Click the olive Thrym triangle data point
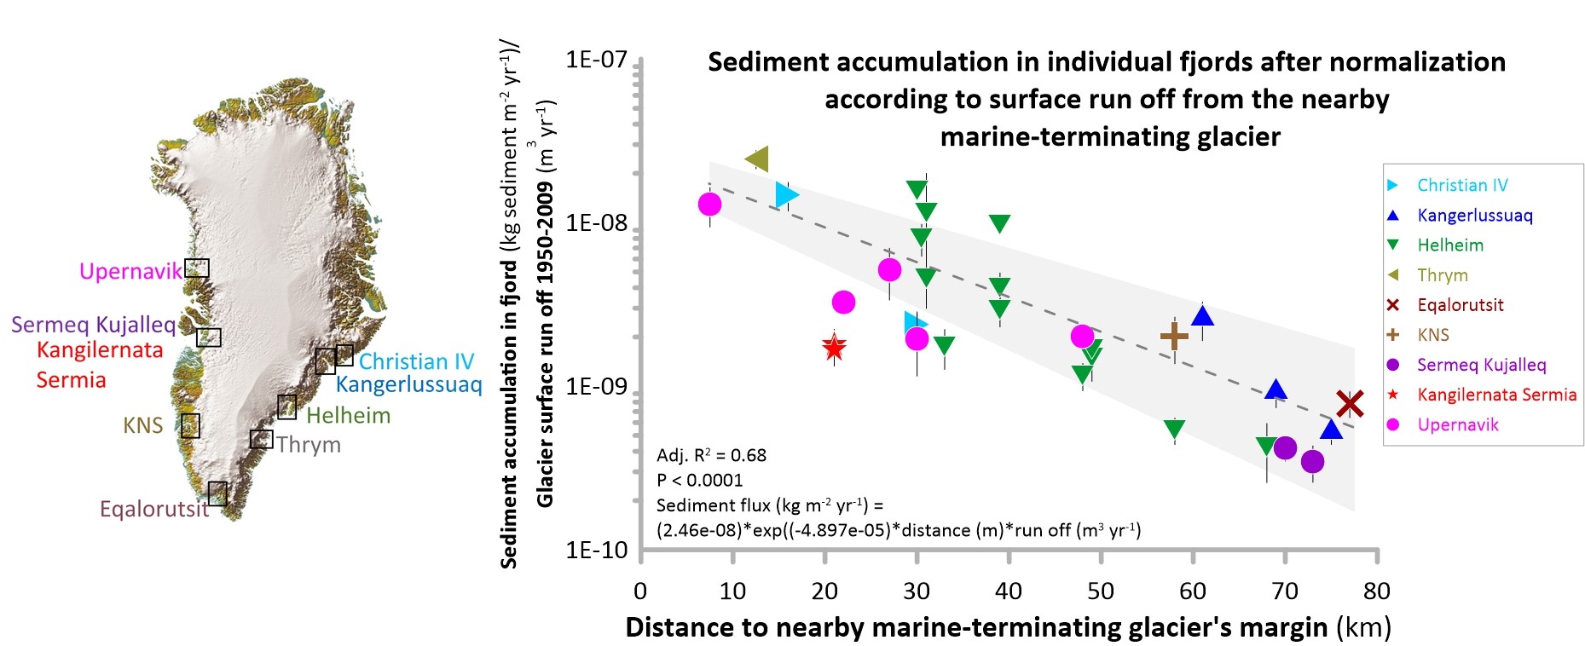[757, 159]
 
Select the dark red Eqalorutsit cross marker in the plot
[1350, 403]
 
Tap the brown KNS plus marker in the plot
[1174, 337]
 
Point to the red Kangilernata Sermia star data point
[835, 348]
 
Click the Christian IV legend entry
[1462, 185]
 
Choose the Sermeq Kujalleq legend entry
[1481, 365]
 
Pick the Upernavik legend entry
[1457, 424]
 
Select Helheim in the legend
[1450, 245]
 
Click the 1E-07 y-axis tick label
[596, 60]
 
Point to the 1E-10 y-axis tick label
[596, 551]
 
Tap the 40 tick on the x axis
[1009, 591]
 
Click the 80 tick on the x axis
[1376, 591]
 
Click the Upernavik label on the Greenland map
[130, 271]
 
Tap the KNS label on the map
[142, 425]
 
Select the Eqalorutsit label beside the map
[153, 509]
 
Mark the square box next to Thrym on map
[262, 439]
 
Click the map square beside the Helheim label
[287, 407]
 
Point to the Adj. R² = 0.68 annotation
[711, 455]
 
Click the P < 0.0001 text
[699, 481]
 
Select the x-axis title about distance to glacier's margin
[1008, 627]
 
